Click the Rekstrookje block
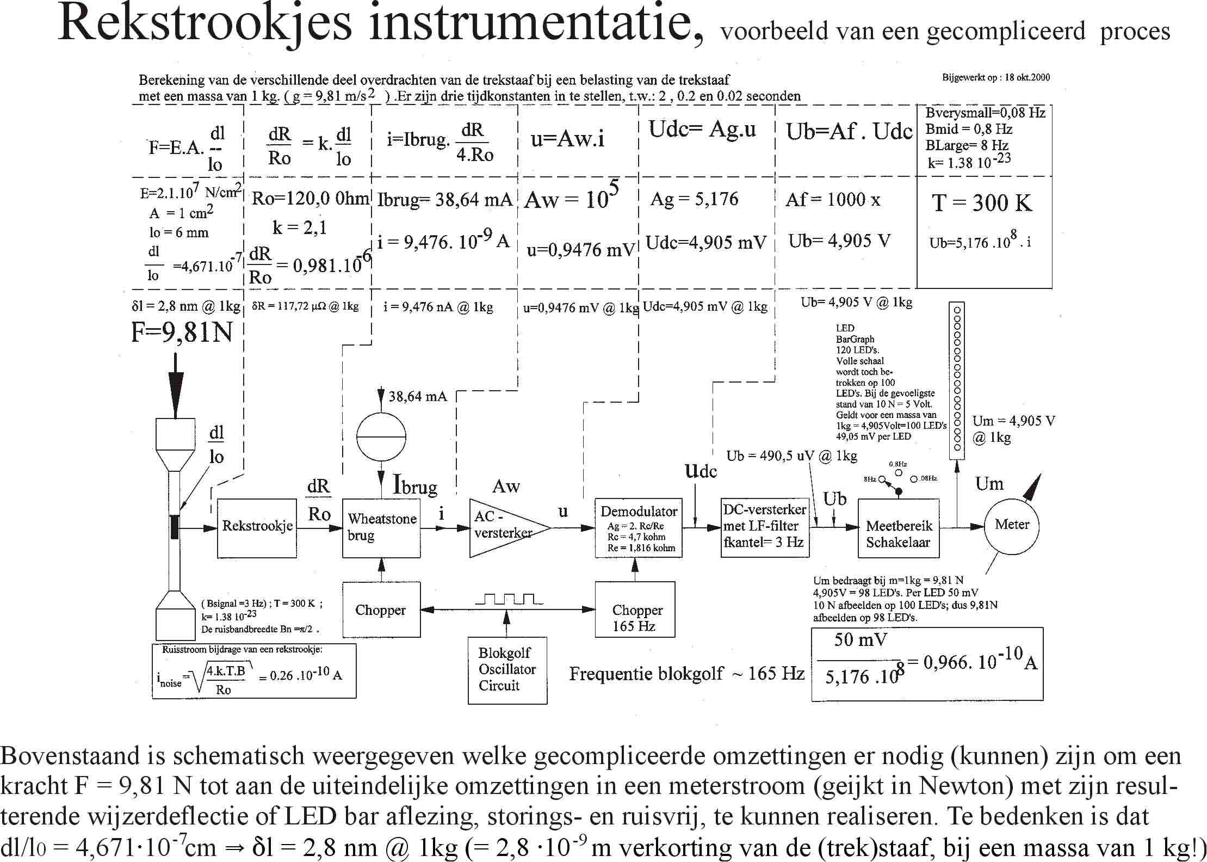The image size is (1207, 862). pos(257,527)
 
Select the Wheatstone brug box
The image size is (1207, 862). pos(381,527)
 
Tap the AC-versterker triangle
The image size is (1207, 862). pos(503,527)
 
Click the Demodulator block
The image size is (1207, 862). pos(639,527)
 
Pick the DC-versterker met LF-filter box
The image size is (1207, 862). pos(764,527)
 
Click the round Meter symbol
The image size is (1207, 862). pos(1012,526)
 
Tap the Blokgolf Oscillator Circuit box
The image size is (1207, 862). pos(507,670)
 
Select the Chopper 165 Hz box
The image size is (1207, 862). pos(635,609)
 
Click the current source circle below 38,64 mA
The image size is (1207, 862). pos(381,437)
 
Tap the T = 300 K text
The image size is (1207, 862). pos(982,203)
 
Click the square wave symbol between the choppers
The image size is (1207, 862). pos(509,599)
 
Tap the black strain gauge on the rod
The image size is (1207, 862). pos(174,526)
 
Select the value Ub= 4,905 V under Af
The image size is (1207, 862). pos(839,241)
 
